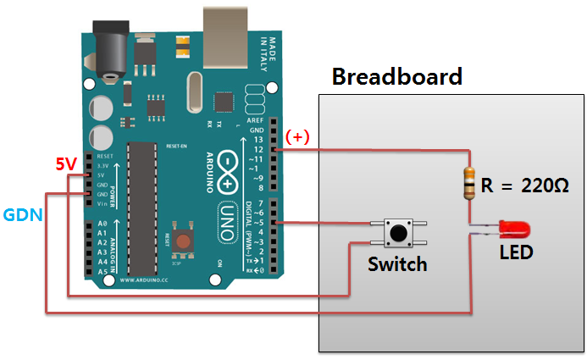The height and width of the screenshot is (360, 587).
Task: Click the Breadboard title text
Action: [x=396, y=77]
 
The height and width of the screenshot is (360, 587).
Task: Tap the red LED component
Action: [x=513, y=228]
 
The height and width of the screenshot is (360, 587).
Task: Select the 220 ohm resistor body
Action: [x=468, y=184]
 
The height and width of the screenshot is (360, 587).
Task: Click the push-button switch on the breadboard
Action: [x=396, y=231]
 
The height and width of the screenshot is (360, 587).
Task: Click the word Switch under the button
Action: [x=397, y=264]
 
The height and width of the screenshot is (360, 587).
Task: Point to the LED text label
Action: [x=516, y=252]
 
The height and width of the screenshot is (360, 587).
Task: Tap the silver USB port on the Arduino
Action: [x=228, y=28]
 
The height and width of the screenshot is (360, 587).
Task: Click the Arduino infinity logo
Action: [x=230, y=163]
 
